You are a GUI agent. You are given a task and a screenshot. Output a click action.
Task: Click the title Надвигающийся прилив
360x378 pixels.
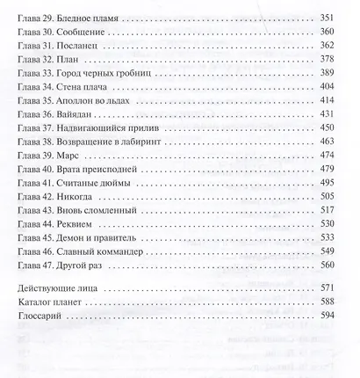(x=105, y=125)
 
